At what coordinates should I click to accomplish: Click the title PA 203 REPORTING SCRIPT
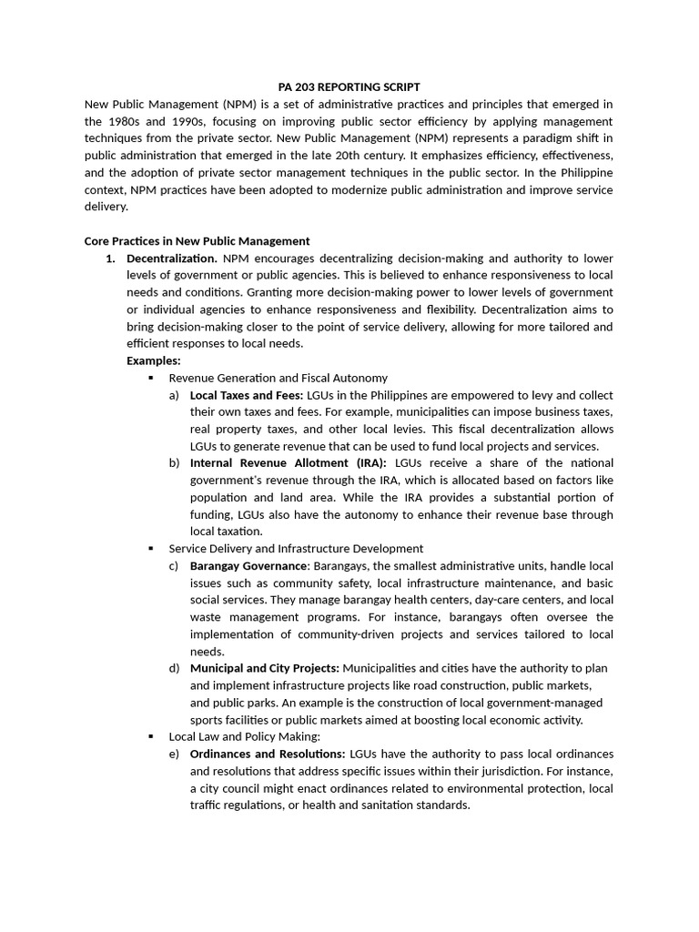click(x=349, y=86)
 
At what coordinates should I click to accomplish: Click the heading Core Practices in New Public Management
click(x=197, y=241)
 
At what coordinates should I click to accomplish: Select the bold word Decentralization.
click(x=172, y=258)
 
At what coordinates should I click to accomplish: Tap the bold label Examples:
click(x=153, y=360)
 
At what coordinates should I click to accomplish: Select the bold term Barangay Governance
click(x=248, y=566)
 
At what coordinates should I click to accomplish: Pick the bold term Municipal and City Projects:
click(x=264, y=668)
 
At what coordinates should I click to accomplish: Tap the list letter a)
click(x=174, y=395)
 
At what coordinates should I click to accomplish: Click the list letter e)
click(x=174, y=754)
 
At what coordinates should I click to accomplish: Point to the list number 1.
click(x=111, y=258)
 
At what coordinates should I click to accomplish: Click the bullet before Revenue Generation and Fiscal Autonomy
click(x=151, y=378)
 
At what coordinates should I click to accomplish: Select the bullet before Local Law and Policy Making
click(x=151, y=736)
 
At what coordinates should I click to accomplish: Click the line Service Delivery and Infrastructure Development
click(x=296, y=549)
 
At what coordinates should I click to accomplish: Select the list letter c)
click(x=174, y=566)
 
